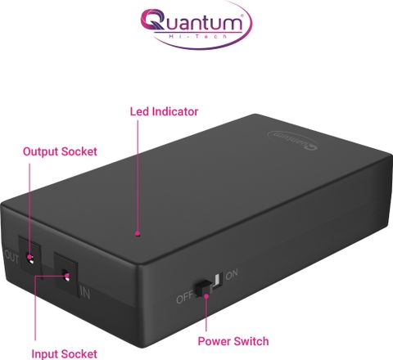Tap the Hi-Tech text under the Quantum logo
click(198, 36)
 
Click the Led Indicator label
click(164, 111)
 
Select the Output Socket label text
click(60, 151)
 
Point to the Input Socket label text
click(64, 354)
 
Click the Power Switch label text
click(233, 341)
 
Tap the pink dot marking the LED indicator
click(138, 233)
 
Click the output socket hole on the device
click(30, 258)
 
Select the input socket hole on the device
click(65, 276)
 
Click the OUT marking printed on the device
click(11, 256)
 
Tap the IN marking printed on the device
click(85, 293)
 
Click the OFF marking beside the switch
click(184, 298)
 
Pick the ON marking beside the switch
click(232, 274)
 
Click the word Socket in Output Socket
click(79, 151)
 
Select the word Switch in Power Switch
click(251, 341)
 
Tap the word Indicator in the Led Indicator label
click(175, 111)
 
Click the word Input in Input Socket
click(45, 354)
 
